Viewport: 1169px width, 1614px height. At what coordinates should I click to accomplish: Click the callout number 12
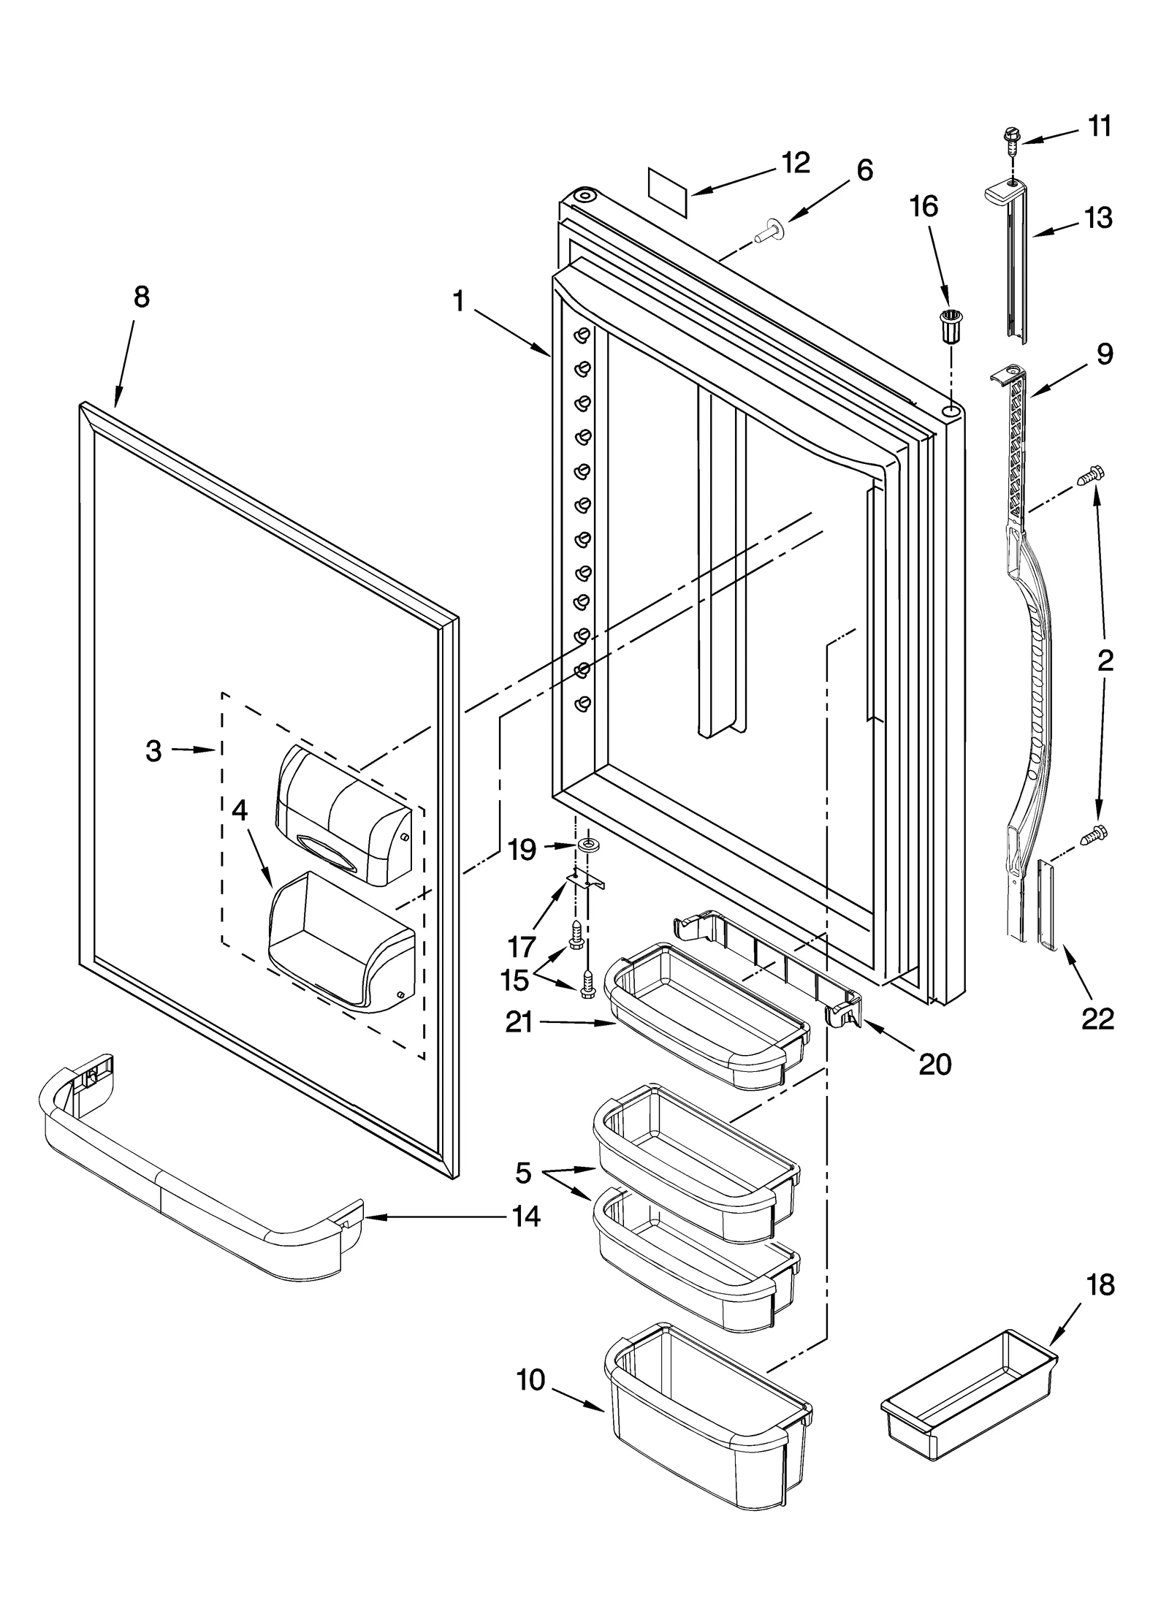coord(795,163)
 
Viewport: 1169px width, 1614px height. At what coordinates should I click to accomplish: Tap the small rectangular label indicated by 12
coord(669,193)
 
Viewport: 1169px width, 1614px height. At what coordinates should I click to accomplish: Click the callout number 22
coord(1097,1018)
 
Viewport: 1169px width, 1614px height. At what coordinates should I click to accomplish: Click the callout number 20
coord(934,1065)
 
